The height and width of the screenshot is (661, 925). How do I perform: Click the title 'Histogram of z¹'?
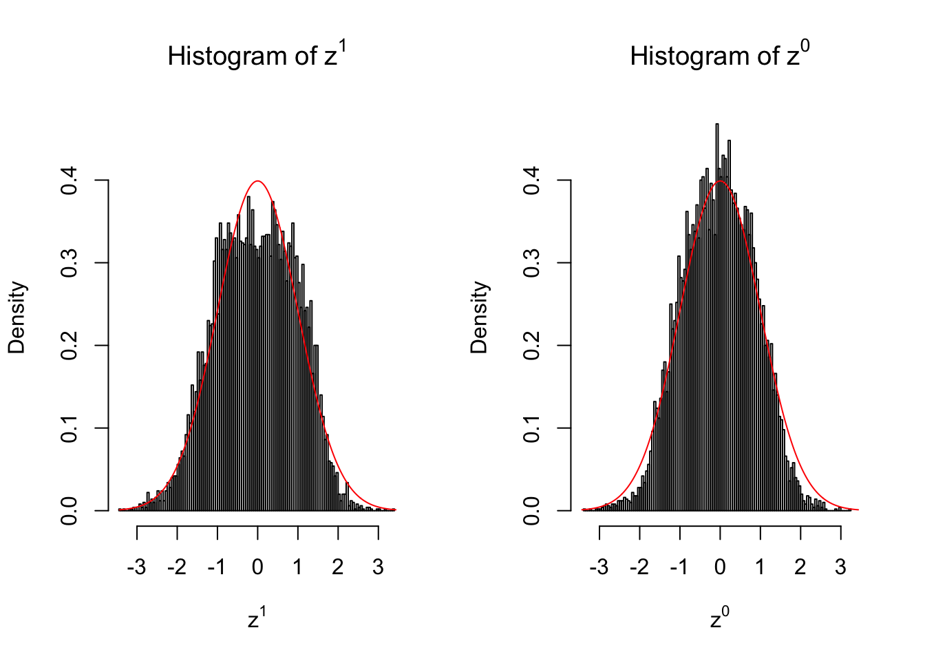[x=257, y=56]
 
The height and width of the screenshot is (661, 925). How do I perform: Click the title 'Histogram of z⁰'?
[x=719, y=56]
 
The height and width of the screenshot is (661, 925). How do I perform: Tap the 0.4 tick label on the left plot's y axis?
[x=70, y=180]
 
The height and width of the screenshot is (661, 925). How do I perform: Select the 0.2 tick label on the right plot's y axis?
[x=532, y=346]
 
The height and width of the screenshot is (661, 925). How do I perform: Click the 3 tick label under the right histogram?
[x=840, y=567]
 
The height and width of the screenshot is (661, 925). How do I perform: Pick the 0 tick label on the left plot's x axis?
[x=257, y=567]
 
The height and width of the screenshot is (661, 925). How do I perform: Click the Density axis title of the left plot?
[x=17, y=317]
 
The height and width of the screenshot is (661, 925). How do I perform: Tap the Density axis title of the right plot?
[x=479, y=317]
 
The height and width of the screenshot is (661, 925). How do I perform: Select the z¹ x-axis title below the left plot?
[x=257, y=619]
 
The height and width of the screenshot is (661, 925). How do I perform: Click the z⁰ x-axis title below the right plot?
[x=719, y=619]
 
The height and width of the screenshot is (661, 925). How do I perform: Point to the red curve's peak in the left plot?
[x=257, y=181]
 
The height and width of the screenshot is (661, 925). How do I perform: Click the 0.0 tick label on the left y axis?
[x=70, y=511]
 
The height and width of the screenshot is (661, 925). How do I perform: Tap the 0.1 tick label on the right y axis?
[x=532, y=428]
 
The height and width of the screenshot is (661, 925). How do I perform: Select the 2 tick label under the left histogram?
[x=337, y=567]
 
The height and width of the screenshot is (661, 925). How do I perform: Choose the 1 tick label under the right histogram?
[x=760, y=567]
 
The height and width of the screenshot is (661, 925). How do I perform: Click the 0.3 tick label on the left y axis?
[x=70, y=263]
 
